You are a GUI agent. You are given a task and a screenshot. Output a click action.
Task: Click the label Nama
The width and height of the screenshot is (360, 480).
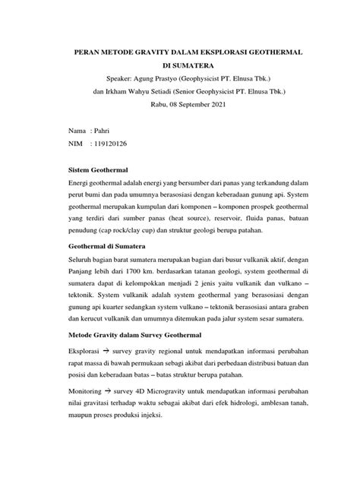[77, 131]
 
